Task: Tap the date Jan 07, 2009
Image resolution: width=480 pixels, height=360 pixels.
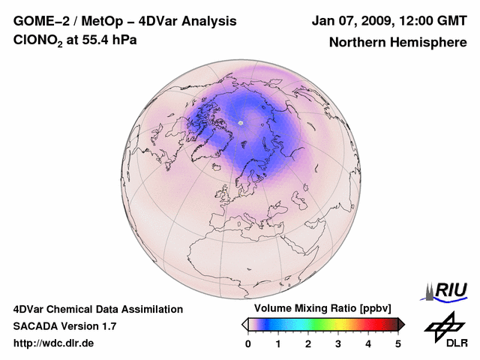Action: tap(351, 21)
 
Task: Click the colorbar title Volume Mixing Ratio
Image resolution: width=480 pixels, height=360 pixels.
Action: tap(301, 309)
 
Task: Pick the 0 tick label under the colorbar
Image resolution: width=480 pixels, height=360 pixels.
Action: tap(248, 343)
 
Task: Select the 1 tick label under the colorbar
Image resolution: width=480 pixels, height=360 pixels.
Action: tap(278, 343)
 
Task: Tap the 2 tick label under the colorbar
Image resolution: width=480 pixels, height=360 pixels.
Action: tap(308, 343)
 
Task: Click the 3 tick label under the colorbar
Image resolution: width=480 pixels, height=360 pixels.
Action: tap(338, 343)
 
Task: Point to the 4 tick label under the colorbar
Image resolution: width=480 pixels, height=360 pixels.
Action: tap(368, 343)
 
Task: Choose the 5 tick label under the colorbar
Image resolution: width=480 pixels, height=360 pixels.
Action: tap(398, 343)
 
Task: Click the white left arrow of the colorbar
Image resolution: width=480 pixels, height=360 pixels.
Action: tap(244, 324)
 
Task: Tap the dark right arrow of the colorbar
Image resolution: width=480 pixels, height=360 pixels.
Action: tap(402, 324)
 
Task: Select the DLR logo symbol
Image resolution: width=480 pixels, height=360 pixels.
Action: tap(442, 325)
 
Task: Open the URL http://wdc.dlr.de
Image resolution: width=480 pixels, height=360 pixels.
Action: tap(54, 343)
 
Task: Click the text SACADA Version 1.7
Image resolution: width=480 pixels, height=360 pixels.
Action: tap(64, 326)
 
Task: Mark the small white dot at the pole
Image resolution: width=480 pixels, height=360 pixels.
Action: tap(240, 122)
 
